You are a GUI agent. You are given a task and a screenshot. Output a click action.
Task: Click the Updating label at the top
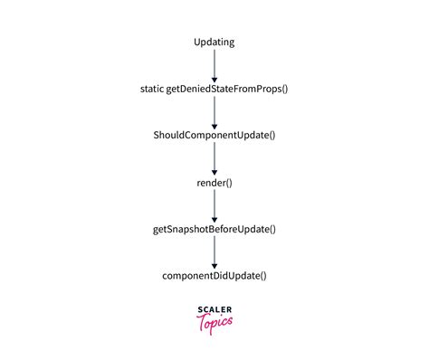point(214,43)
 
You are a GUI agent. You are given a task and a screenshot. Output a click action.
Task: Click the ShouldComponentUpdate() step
point(214,136)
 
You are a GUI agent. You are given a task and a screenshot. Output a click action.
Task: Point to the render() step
point(214,183)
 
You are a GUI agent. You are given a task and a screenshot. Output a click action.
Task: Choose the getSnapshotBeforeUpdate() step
point(214,230)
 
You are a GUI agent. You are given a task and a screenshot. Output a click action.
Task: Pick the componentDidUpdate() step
point(214,276)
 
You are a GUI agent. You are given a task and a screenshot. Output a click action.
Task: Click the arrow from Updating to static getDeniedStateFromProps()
point(214,65)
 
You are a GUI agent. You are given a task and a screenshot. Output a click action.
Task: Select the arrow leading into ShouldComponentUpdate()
point(214,112)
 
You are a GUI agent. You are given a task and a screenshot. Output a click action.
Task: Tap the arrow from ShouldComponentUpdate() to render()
point(214,159)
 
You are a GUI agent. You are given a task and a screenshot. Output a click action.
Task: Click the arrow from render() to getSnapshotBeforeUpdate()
point(214,206)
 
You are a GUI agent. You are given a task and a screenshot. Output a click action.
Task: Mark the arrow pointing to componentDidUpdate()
point(214,252)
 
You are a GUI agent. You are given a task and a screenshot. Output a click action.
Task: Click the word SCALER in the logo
point(214,310)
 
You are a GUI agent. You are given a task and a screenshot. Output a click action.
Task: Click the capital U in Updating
point(198,43)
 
